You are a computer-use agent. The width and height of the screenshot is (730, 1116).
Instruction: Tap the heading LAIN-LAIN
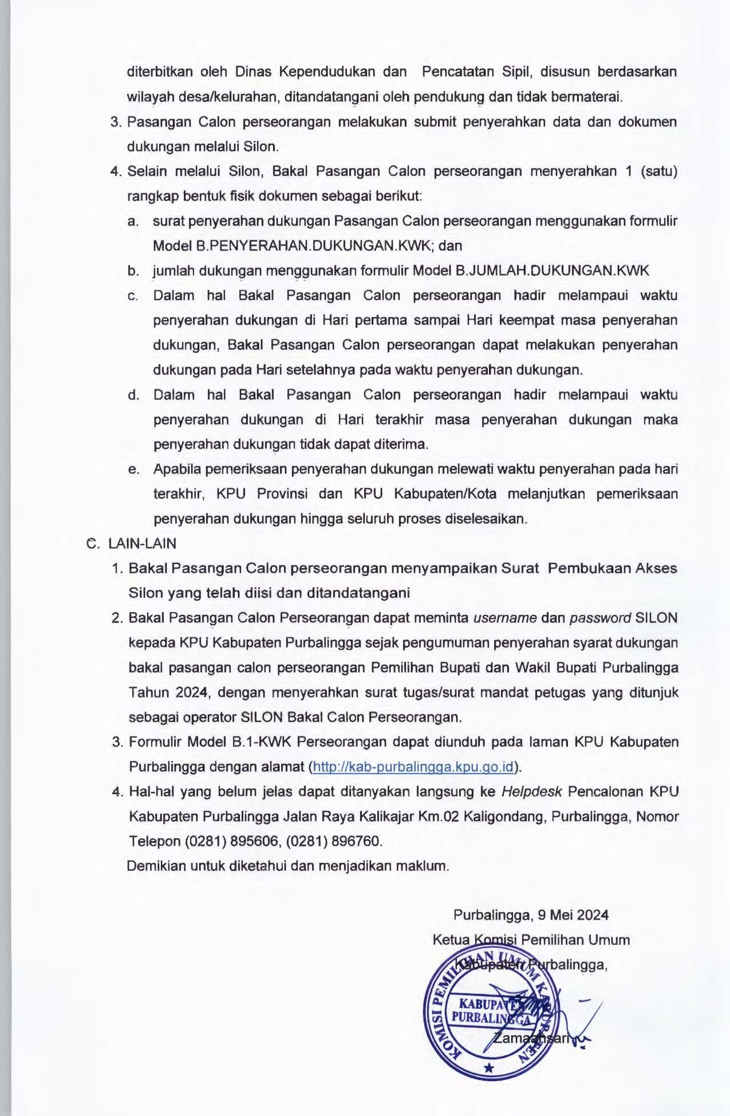(x=142, y=543)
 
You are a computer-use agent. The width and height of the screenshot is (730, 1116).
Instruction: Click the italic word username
(x=504, y=618)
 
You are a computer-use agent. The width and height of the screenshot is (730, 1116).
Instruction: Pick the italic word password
(x=600, y=618)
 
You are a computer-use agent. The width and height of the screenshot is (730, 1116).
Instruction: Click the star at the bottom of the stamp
(x=488, y=1068)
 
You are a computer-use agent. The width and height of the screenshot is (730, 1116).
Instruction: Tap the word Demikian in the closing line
(x=154, y=865)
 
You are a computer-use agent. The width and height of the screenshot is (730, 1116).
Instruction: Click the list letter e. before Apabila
(x=134, y=470)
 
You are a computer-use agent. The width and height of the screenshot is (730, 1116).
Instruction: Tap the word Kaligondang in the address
(x=503, y=817)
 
